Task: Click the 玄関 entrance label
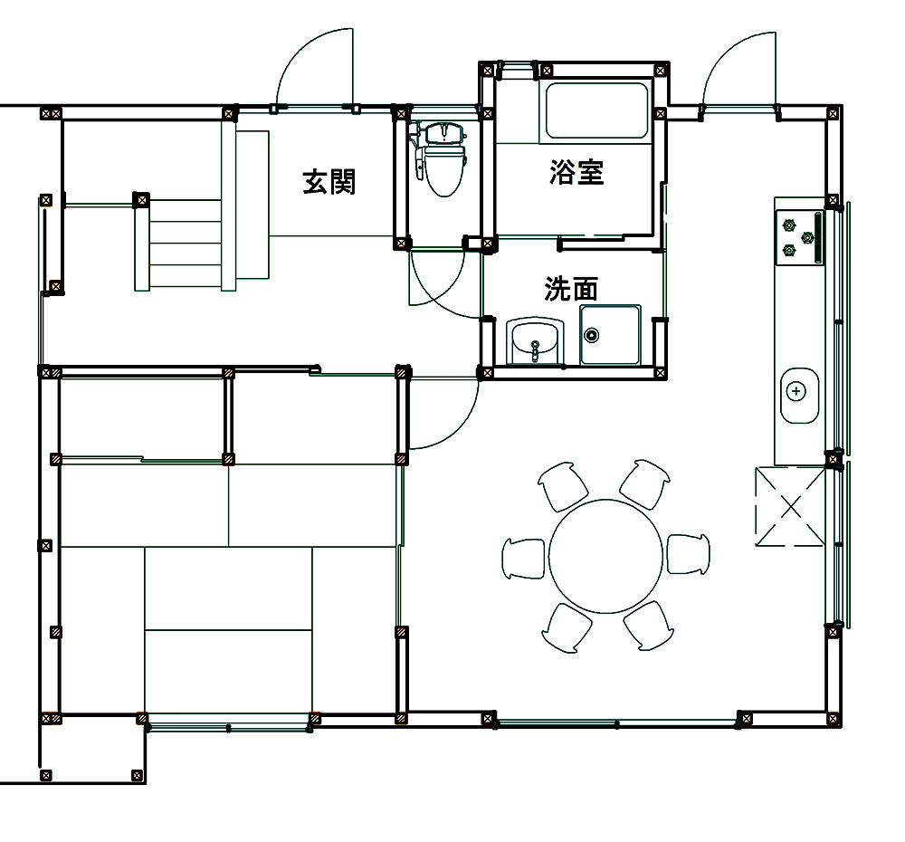tap(329, 181)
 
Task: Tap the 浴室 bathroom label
tap(576, 171)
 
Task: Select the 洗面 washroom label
tap(571, 288)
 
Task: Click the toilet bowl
tap(444, 170)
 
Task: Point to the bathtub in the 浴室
tap(596, 110)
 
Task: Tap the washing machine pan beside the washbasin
tap(610, 335)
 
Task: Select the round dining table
tap(605, 556)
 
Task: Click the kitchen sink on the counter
tap(799, 396)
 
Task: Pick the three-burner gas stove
tap(799, 237)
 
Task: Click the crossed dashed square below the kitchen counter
tap(790, 506)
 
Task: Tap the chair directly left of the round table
tap(523, 559)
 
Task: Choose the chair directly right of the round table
tap(689, 554)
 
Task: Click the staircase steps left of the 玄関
tap(178, 244)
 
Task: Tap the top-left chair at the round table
tap(563, 485)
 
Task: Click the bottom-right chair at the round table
tap(648, 627)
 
